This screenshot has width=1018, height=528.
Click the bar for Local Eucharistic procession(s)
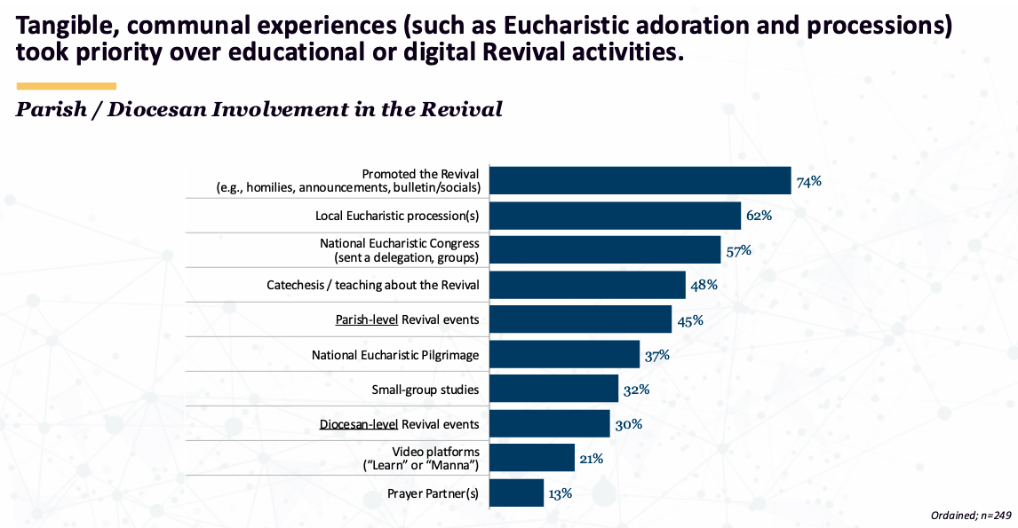616,216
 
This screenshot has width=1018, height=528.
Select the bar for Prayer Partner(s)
517,493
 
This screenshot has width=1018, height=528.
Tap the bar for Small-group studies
554,389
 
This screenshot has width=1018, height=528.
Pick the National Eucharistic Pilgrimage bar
565,355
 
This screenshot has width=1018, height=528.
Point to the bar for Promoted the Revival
640,181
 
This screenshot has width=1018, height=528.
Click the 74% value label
808,181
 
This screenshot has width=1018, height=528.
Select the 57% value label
738,250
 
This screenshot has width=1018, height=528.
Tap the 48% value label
704,285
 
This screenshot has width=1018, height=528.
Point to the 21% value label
592,459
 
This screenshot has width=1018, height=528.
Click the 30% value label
628,424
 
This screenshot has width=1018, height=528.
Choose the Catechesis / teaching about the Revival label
373,285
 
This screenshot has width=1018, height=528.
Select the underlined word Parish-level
366,319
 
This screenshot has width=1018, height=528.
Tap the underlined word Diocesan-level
359,424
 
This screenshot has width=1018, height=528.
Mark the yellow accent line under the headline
67,86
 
